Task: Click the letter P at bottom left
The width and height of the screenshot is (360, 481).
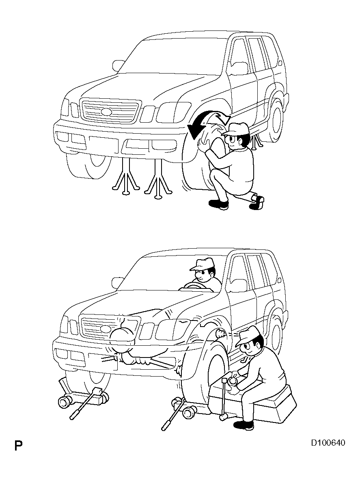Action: pos(18,445)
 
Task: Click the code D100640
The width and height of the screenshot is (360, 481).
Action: pos(328,443)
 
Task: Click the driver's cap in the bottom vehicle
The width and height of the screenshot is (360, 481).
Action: pos(202,264)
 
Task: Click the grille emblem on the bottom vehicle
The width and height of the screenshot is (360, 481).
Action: pos(106,329)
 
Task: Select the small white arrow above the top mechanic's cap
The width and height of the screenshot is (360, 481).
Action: pos(223,117)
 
